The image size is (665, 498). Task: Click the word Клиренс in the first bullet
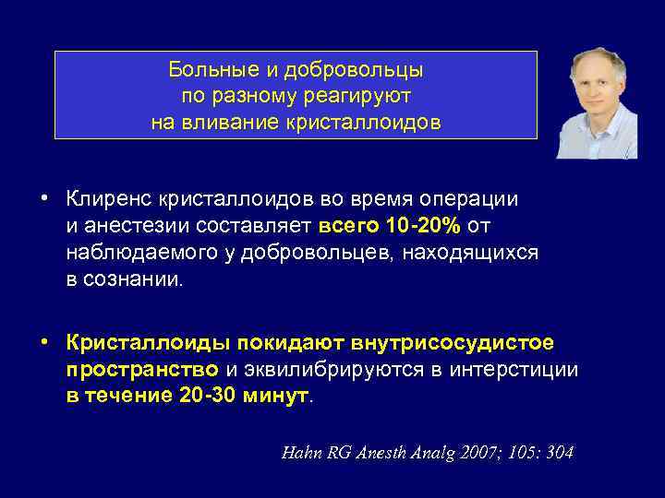tap(109, 199)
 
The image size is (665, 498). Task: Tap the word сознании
tap(135, 279)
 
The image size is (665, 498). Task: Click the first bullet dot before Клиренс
tap(43, 199)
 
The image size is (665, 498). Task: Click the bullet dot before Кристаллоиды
tap(43, 343)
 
